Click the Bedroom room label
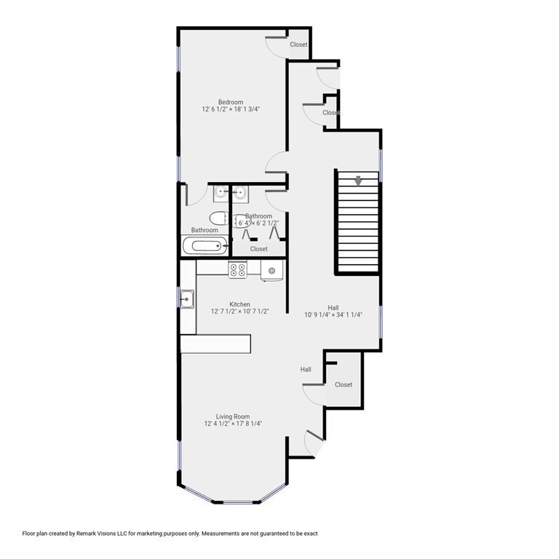[x=231, y=102]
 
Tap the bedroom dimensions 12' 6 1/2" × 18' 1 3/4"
[x=231, y=109]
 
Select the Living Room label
[x=233, y=416]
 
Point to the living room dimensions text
[x=233, y=424]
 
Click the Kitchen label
[x=240, y=304]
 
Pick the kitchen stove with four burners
[x=237, y=270]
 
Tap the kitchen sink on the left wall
[x=187, y=298]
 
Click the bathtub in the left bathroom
[x=205, y=246]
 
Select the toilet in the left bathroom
[x=218, y=217]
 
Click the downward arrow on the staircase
[x=357, y=181]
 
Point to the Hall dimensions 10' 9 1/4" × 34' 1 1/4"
[x=333, y=315]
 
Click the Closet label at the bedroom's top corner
[x=299, y=44]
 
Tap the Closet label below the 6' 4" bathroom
[x=258, y=249]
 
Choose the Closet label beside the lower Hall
[x=344, y=384]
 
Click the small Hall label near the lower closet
[x=306, y=370]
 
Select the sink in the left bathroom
[x=221, y=193]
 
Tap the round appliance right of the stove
[x=272, y=271]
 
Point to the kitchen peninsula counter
[x=215, y=344]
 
